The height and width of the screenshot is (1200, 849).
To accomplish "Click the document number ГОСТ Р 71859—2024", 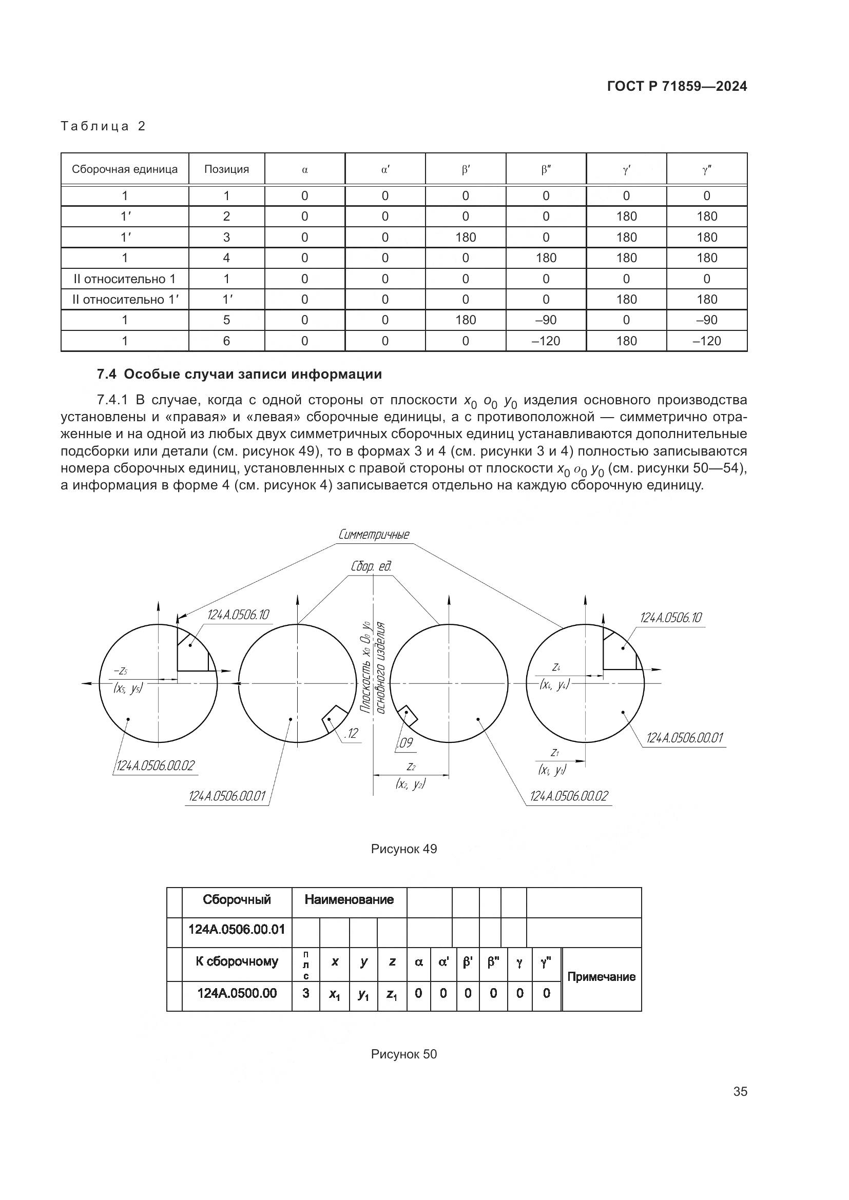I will (677, 87).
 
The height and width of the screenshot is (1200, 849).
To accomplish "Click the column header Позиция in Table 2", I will (226, 169).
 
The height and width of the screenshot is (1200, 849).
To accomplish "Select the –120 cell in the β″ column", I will (546, 341).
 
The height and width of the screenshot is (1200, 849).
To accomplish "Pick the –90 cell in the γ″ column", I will (706, 320).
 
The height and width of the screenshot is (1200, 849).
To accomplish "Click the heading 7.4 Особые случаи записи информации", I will (239, 374).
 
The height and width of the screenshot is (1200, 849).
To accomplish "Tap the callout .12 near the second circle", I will (351, 734).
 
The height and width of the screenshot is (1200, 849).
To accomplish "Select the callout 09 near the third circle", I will (406, 743).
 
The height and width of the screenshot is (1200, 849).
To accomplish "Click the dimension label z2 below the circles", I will (411, 766).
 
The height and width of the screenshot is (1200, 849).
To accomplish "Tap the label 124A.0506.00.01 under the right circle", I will (684, 738).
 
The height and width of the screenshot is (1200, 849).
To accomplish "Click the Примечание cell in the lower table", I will (601, 977).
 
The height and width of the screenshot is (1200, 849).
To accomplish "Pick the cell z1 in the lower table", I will (392, 995).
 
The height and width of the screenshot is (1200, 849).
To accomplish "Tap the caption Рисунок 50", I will (403, 1055).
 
